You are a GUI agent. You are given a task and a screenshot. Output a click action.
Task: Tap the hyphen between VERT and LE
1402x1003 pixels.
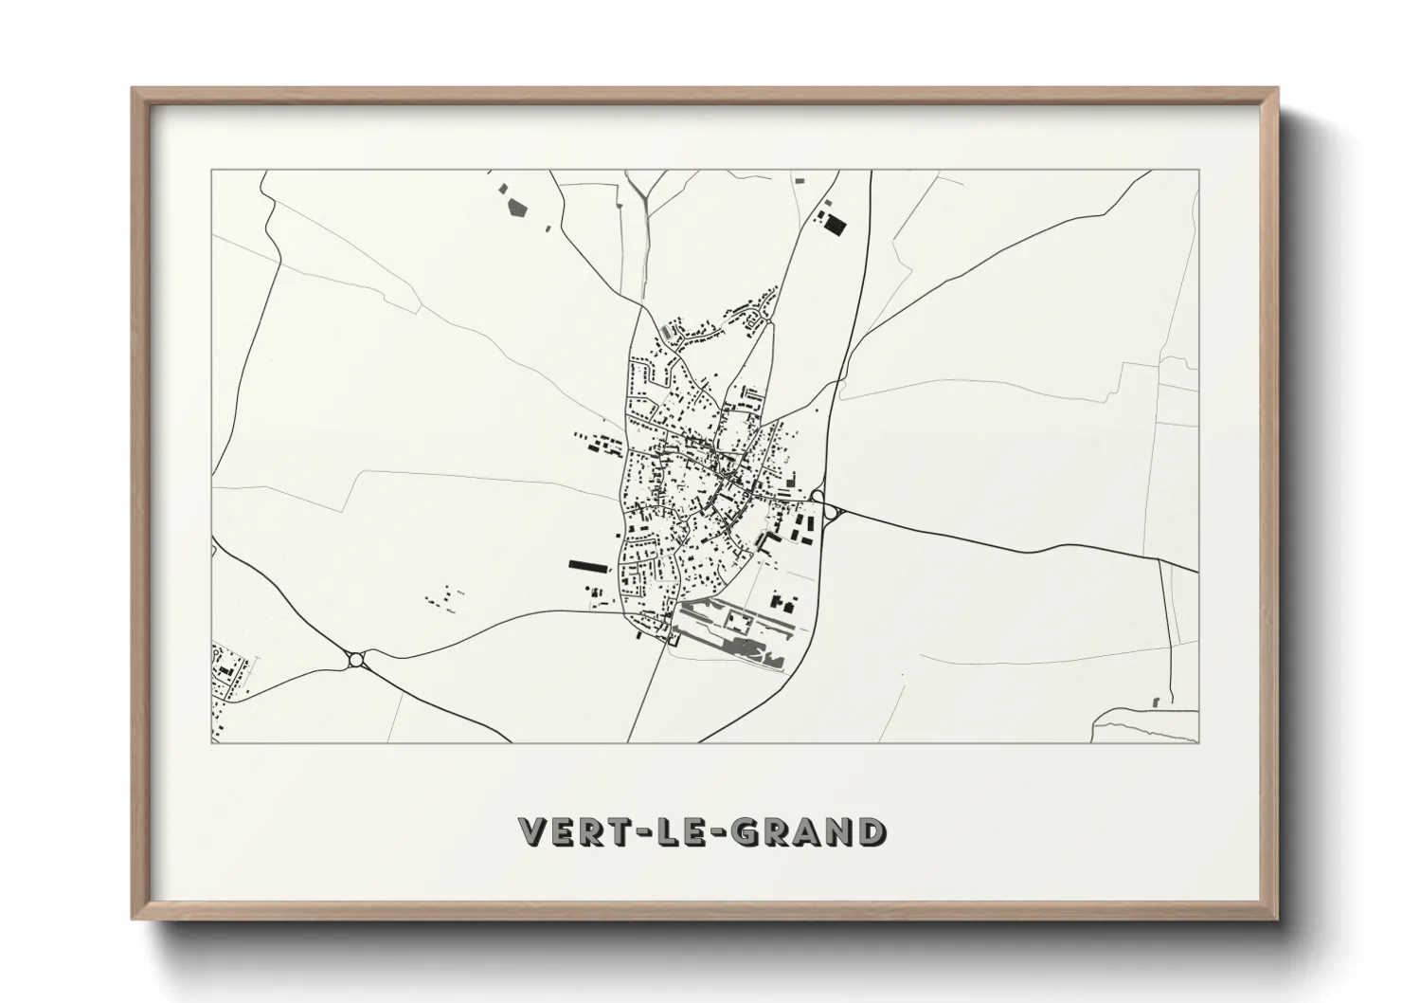[649, 831]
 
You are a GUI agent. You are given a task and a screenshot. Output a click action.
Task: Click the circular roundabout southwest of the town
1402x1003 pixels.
[356, 659]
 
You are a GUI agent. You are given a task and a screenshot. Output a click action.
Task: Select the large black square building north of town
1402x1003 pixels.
[833, 225]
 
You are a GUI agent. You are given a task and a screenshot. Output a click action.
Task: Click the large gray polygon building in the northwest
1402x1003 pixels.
[517, 207]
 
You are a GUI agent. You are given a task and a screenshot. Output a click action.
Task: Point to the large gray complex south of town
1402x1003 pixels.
[753, 650]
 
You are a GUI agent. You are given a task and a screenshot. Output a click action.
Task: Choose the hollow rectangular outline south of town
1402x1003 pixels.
[738, 619]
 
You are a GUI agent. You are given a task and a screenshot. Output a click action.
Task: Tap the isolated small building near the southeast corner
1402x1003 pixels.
[1156, 702]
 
